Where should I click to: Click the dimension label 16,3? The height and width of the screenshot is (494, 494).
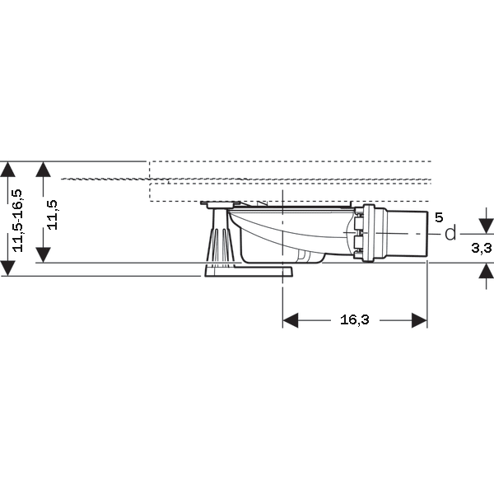point(354,320)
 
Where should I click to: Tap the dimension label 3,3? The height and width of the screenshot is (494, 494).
point(482,248)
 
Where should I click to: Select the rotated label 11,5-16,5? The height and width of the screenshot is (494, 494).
point(17,221)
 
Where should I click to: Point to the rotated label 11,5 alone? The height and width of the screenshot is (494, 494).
point(52,215)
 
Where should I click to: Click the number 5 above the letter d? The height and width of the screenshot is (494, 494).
point(439,217)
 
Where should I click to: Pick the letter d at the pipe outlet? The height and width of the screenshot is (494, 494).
point(450,234)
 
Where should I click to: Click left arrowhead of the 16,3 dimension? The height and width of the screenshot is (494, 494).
point(291,320)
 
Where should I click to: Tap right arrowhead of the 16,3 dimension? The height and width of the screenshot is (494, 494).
point(419,320)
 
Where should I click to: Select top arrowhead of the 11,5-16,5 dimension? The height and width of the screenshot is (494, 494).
point(7,169)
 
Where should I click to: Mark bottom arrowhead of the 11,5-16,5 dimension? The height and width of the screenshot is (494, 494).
point(7,268)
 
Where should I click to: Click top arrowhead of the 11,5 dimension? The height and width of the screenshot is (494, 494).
point(43,169)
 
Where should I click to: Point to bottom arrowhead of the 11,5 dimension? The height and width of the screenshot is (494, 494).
point(43,255)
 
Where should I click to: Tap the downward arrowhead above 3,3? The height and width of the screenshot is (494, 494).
point(486,226)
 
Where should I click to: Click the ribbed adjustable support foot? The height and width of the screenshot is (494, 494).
point(220,237)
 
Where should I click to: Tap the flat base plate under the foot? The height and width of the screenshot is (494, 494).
point(249,271)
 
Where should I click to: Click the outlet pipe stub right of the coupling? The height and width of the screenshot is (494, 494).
point(408,234)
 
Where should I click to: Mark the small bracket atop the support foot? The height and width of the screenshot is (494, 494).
point(221,204)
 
